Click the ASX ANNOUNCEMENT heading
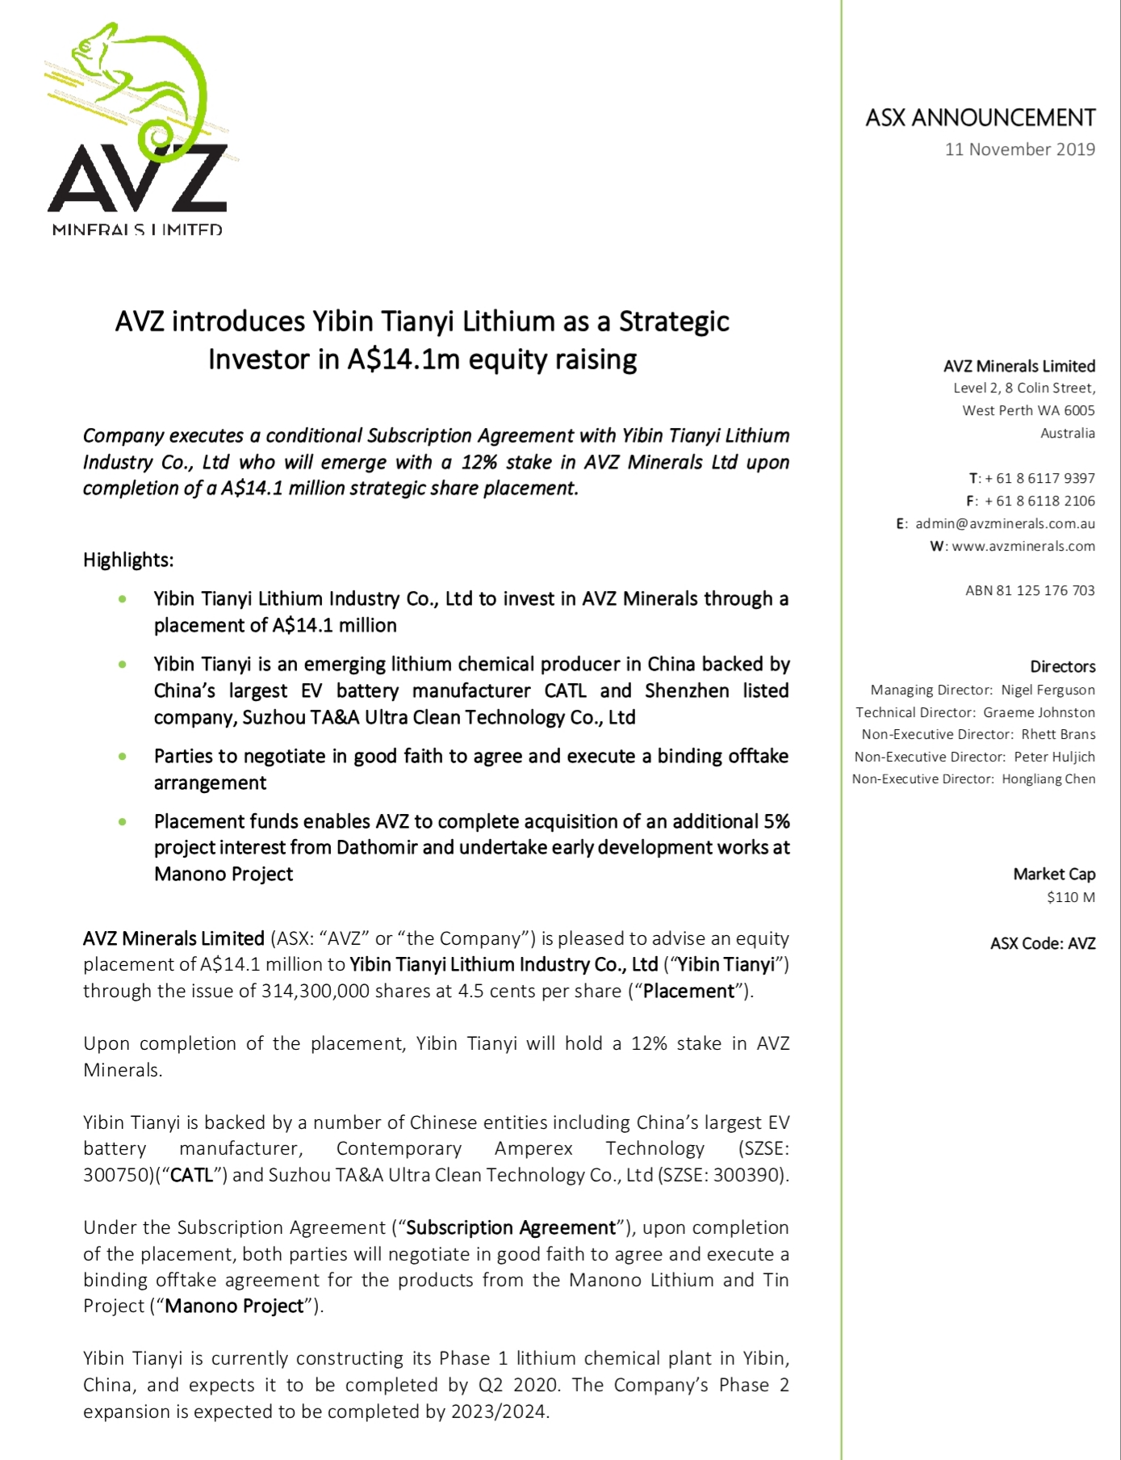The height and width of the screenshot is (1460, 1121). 980,118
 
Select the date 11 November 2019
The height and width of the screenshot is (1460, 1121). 1019,149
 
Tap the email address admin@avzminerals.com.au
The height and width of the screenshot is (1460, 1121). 1005,523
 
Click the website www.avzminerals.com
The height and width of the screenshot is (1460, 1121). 1023,546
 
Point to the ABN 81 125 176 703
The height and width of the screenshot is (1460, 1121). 1030,590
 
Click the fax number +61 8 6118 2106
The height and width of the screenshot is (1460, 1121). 1039,501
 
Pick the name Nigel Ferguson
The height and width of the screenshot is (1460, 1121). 1048,690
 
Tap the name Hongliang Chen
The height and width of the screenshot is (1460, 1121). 1048,778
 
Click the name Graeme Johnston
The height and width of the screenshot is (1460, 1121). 1039,712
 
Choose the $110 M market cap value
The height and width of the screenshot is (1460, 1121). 1070,897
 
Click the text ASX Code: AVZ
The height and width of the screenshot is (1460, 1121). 1043,943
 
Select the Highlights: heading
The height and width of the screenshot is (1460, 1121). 128,560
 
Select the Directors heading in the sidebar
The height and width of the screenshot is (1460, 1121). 1062,667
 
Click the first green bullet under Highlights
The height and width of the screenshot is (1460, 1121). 123,599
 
